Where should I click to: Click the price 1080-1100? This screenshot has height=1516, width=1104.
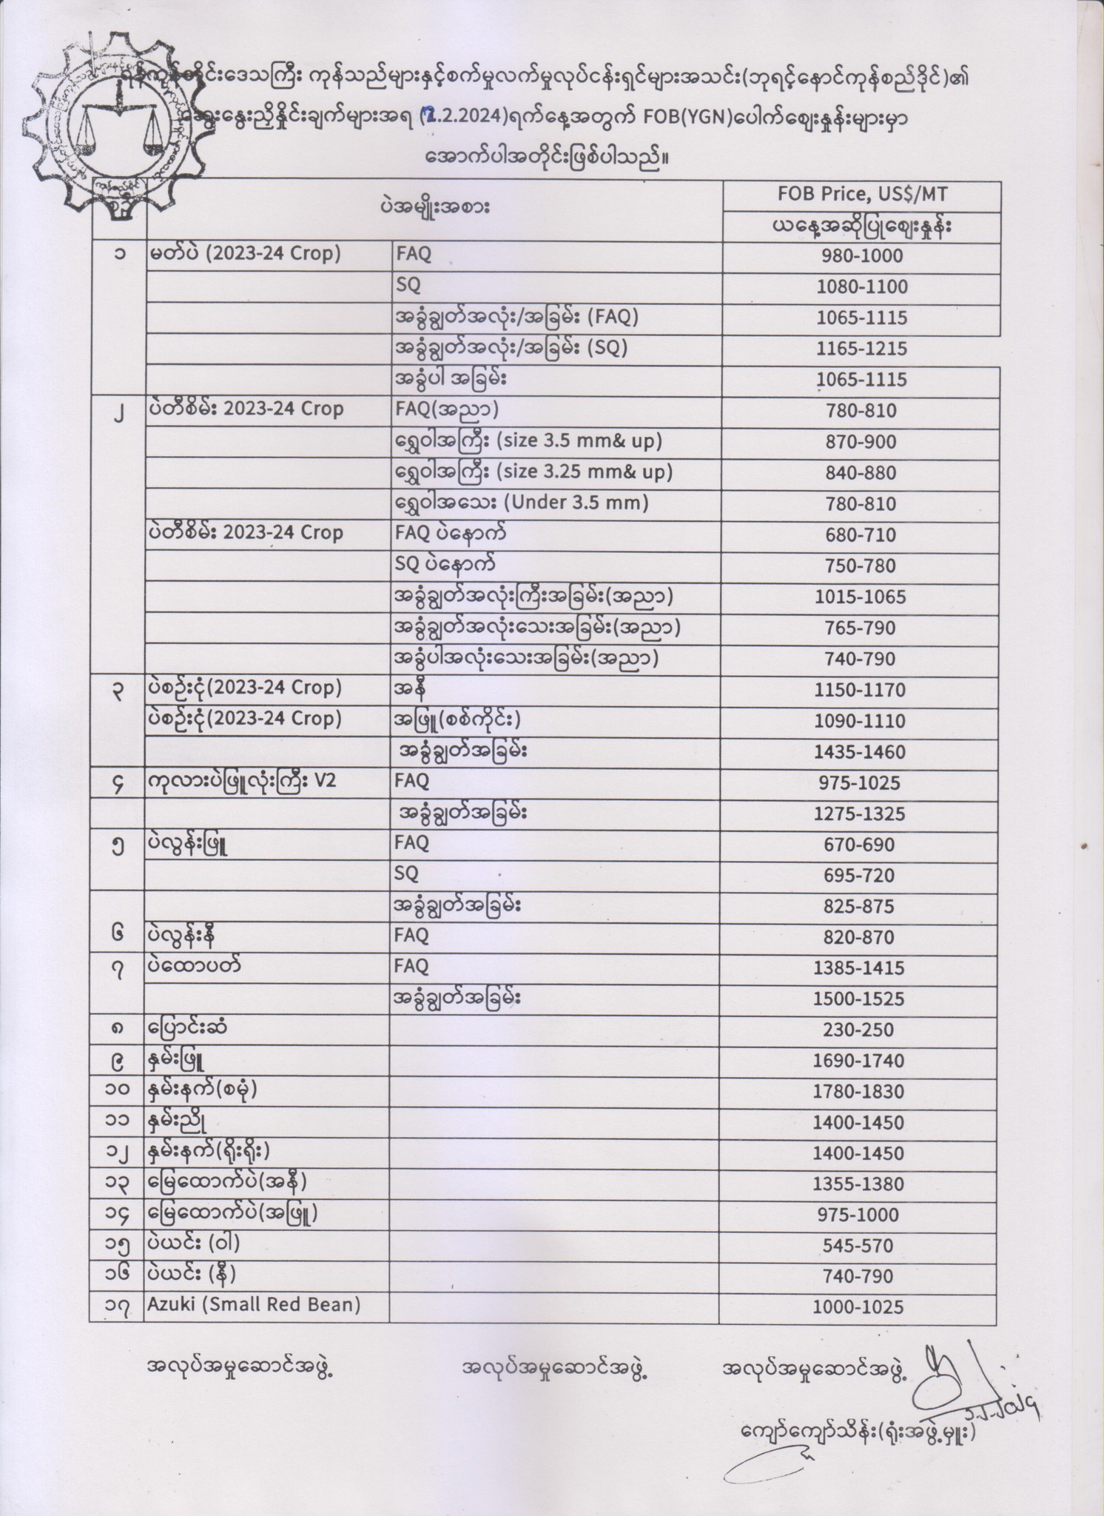click(861, 287)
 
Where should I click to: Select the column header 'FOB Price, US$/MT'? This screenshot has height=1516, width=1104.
click(861, 195)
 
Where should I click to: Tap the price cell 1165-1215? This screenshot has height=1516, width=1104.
click(861, 349)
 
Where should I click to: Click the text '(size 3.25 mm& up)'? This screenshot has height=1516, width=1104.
click(585, 472)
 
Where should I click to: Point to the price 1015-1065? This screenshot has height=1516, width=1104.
click(860, 597)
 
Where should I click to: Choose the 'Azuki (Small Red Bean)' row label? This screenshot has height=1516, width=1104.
click(254, 1305)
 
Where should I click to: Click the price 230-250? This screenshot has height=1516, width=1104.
click(858, 1030)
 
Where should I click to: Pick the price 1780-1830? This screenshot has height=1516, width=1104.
click(858, 1092)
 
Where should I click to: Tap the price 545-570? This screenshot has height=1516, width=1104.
click(858, 1246)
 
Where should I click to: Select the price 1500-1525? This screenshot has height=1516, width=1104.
click(858, 999)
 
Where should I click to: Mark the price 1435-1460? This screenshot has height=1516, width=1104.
click(859, 752)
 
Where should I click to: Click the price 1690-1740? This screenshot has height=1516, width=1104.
click(858, 1061)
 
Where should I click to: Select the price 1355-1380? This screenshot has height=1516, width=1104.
click(858, 1184)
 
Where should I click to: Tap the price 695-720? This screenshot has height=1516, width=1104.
click(858, 876)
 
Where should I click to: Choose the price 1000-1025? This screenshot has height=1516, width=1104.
click(858, 1307)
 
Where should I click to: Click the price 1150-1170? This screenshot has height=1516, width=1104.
click(859, 690)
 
